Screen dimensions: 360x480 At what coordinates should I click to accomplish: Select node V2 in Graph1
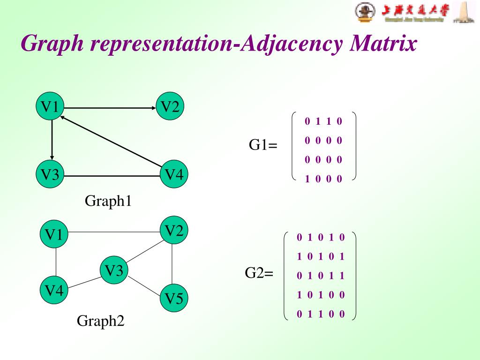(x=170, y=107)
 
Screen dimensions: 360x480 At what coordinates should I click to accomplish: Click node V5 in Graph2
(x=174, y=298)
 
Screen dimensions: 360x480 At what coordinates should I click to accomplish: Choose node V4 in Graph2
(x=54, y=290)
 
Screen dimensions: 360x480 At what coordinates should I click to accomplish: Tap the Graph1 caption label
(x=108, y=202)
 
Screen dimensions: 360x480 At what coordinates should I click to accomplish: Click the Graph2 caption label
(x=101, y=321)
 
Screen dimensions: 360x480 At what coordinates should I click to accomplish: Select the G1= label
(x=263, y=145)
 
